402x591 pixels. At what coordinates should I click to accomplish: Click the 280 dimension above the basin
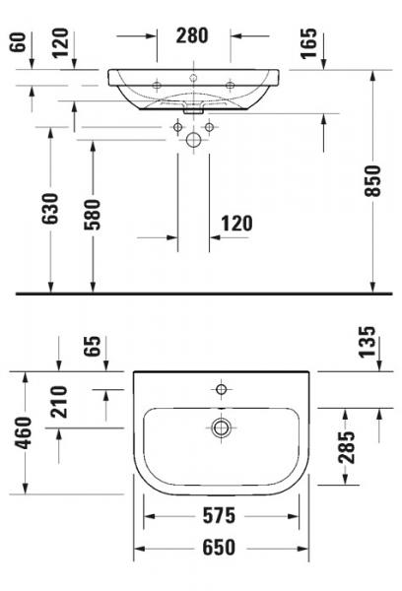pos(192,36)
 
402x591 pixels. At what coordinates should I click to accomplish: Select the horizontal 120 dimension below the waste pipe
pos(235,224)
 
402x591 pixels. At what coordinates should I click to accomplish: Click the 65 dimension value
pos(92,347)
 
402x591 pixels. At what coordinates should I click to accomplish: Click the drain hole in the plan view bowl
pos(222,427)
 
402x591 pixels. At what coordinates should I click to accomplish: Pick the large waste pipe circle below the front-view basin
pos(194,140)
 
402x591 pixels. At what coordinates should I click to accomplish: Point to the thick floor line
pos(197,294)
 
